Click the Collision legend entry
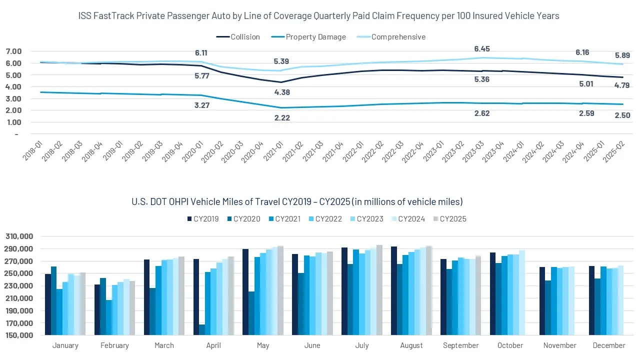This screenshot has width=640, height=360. (238, 37)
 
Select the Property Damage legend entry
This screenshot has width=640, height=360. (308, 37)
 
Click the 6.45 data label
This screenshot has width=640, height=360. (482, 49)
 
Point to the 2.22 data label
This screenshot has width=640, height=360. (282, 118)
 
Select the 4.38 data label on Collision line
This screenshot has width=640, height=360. (282, 92)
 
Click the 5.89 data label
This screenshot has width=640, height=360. (622, 55)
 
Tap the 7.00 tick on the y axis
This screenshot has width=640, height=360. (13, 51)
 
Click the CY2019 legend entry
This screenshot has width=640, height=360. (202, 219)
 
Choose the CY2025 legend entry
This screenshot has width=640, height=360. (448, 219)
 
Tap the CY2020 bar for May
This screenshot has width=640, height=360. (251, 313)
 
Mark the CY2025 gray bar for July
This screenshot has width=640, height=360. (379, 290)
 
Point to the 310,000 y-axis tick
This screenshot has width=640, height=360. (19, 236)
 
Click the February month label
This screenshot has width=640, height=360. (114, 345)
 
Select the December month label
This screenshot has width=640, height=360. (608, 345)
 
